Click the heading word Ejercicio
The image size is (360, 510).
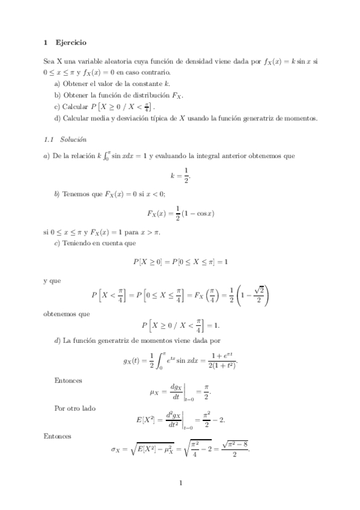click(70, 43)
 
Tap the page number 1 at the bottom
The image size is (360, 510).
click(180, 482)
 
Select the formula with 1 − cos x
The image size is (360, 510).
click(182, 213)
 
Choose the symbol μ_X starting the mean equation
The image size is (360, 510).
click(154, 393)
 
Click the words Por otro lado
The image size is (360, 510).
click(75, 408)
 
